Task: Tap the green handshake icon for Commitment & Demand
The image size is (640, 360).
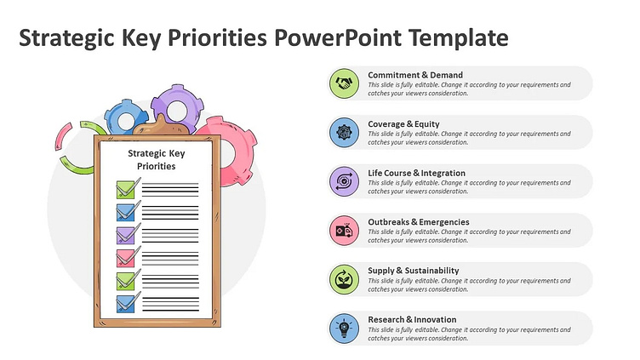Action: tap(344, 83)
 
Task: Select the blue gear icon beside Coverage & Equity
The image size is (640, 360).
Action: tap(344, 132)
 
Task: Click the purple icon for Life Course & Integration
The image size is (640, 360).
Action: tap(344, 181)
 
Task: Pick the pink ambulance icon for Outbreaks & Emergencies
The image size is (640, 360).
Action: tap(344, 230)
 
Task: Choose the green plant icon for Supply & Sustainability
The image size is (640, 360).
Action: tap(344, 279)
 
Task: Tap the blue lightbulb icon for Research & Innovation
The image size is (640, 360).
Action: tap(344, 328)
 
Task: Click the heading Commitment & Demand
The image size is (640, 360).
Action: tap(415, 75)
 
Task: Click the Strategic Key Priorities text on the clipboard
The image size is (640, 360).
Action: tap(156, 159)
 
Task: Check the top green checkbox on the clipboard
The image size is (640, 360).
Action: tap(125, 188)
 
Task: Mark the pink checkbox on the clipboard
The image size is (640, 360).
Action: tap(125, 257)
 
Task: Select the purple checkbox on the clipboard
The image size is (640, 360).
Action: tap(125, 234)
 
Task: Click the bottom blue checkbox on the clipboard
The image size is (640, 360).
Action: tap(125, 303)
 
